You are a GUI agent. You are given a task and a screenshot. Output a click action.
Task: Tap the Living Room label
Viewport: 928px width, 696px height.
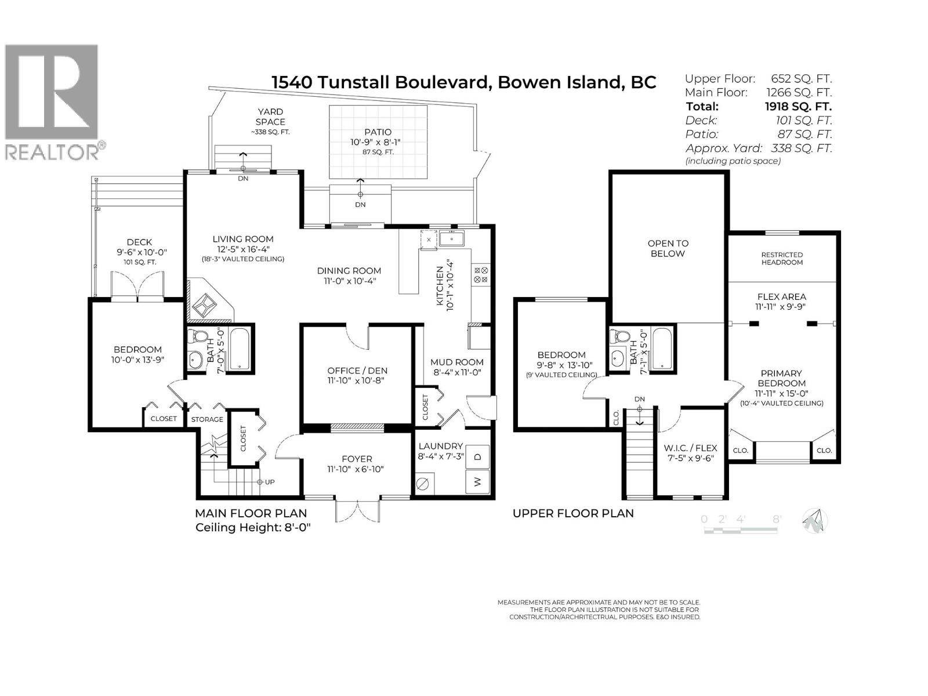(x=242, y=239)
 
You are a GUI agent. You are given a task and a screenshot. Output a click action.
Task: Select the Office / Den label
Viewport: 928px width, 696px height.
(x=357, y=371)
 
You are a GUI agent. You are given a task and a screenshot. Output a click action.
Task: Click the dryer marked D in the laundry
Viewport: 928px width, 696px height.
(x=478, y=456)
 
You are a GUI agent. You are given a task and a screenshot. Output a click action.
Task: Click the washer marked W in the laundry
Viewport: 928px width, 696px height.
(x=478, y=481)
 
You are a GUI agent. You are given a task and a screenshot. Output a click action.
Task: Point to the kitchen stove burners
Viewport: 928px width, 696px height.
(x=481, y=274)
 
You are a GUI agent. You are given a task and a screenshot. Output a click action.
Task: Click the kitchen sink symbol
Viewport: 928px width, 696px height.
(x=451, y=238)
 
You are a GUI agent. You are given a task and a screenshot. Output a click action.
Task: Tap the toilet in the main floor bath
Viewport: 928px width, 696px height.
(x=201, y=337)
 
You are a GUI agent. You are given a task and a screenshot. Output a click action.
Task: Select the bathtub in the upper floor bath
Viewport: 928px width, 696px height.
(x=662, y=349)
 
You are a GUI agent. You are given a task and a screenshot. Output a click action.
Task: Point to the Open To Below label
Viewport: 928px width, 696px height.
(x=667, y=248)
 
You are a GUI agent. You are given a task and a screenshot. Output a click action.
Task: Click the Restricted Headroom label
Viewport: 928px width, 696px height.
(x=782, y=258)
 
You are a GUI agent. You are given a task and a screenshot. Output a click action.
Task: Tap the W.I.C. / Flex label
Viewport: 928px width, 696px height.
(x=690, y=448)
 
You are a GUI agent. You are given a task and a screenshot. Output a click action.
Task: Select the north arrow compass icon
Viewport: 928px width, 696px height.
(x=814, y=520)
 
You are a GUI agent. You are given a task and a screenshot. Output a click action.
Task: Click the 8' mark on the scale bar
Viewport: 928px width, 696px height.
(x=777, y=519)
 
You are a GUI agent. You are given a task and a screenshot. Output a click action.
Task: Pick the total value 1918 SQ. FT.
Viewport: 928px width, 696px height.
(x=798, y=106)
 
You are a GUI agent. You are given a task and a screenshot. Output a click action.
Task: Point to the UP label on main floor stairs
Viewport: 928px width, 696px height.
(x=270, y=482)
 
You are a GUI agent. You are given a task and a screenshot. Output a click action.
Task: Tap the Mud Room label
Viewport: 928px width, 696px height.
(x=456, y=362)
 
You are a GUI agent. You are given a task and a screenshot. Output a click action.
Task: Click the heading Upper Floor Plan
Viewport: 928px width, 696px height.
(x=572, y=513)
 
